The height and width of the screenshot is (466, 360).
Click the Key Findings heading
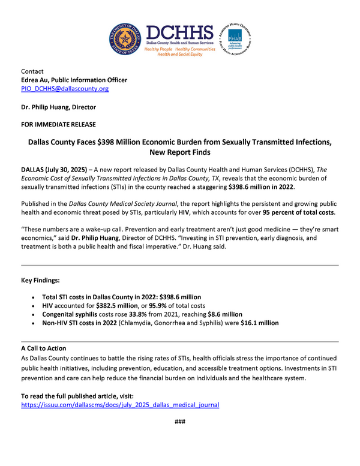point(40,280)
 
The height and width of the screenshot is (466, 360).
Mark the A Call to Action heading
point(43,348)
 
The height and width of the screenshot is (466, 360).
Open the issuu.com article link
point(120,405)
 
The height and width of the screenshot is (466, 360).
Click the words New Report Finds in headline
point(180,154)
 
